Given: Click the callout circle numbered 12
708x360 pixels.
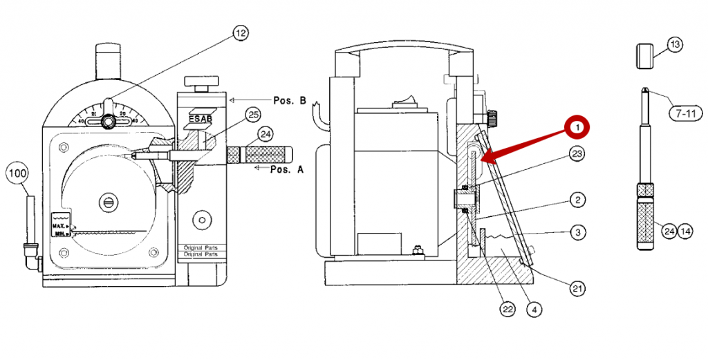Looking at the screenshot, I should coord(240,32).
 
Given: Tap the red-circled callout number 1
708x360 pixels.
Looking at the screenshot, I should coord(576,128).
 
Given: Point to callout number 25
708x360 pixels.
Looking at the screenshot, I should coord(252,114).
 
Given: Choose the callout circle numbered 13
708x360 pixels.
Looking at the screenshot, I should coord(675,45).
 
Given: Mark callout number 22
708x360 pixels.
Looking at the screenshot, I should coord(507,310).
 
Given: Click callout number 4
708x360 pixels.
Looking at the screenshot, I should coord(533,310).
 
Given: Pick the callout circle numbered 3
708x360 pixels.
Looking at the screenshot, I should coord(577,233).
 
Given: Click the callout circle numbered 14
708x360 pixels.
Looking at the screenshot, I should coord(684,231).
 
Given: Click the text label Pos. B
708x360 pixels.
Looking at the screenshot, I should coord(290,100).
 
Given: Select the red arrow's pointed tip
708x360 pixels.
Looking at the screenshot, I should coord(481,162).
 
